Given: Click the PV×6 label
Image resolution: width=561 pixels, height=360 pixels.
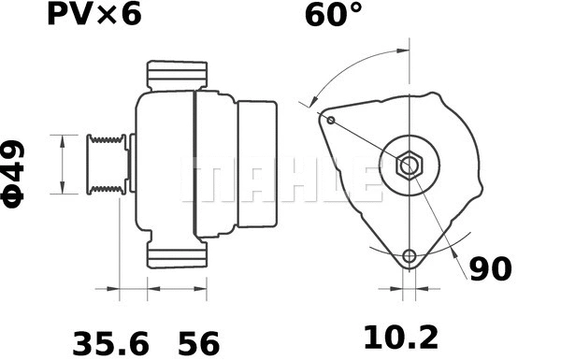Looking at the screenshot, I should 93,17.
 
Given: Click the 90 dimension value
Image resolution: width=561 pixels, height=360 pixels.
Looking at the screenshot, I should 490,269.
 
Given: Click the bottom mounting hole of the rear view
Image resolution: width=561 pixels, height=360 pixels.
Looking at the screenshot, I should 409,256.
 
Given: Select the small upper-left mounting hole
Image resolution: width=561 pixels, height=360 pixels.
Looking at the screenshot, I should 330,119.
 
